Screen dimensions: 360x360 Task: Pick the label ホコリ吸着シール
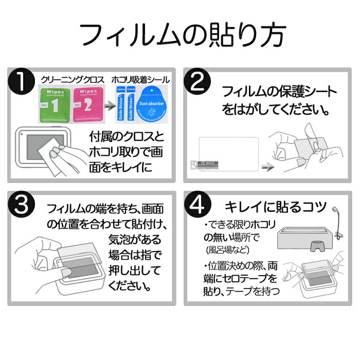[x=139, y=80]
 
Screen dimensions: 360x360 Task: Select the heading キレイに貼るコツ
[x=276, y=207]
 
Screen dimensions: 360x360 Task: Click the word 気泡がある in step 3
[x=127, y=239]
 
